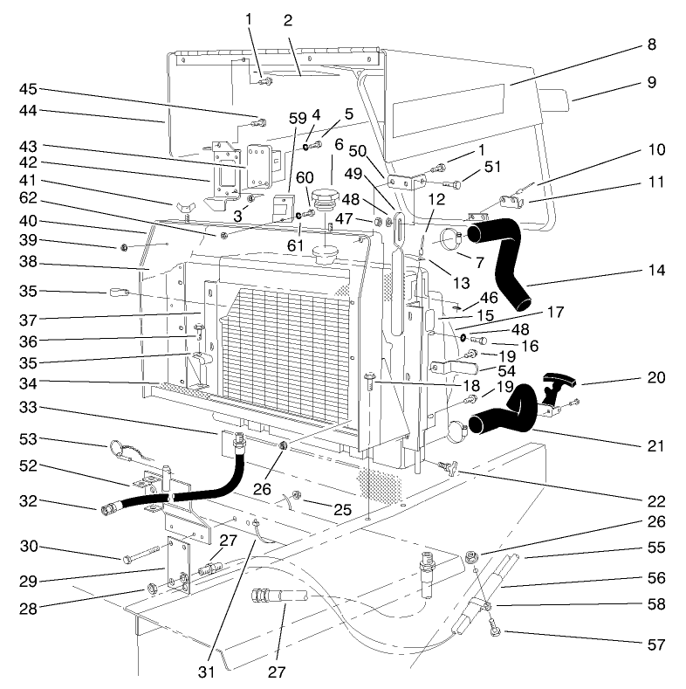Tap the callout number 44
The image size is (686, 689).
point(27,112)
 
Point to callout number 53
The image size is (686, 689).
point(27,439)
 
